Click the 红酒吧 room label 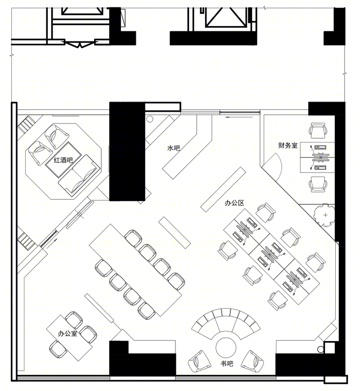(63, 160)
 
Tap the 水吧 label (174, 148)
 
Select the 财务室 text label (288, 145)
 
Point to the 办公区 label (234, 203)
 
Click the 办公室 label (67, 333)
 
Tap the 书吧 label (227, 364)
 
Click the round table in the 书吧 (226, 348)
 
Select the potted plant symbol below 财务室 (324, 215)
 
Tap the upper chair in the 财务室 (318, 130)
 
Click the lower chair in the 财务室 (318, 184)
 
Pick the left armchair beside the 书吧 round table (199, 362)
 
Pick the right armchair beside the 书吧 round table (252, 362)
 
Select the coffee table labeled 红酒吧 (63, 160)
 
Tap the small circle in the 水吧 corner (149, 119)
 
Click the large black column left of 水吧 (127, 151)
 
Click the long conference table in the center (135, 270)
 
